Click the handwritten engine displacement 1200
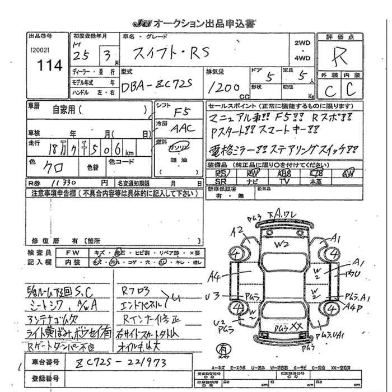click(x=223, y=87)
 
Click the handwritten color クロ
click(x=53, y=167)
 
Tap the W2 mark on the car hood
click(x=280, y=244)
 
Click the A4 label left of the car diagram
click(x=214, y=275)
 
